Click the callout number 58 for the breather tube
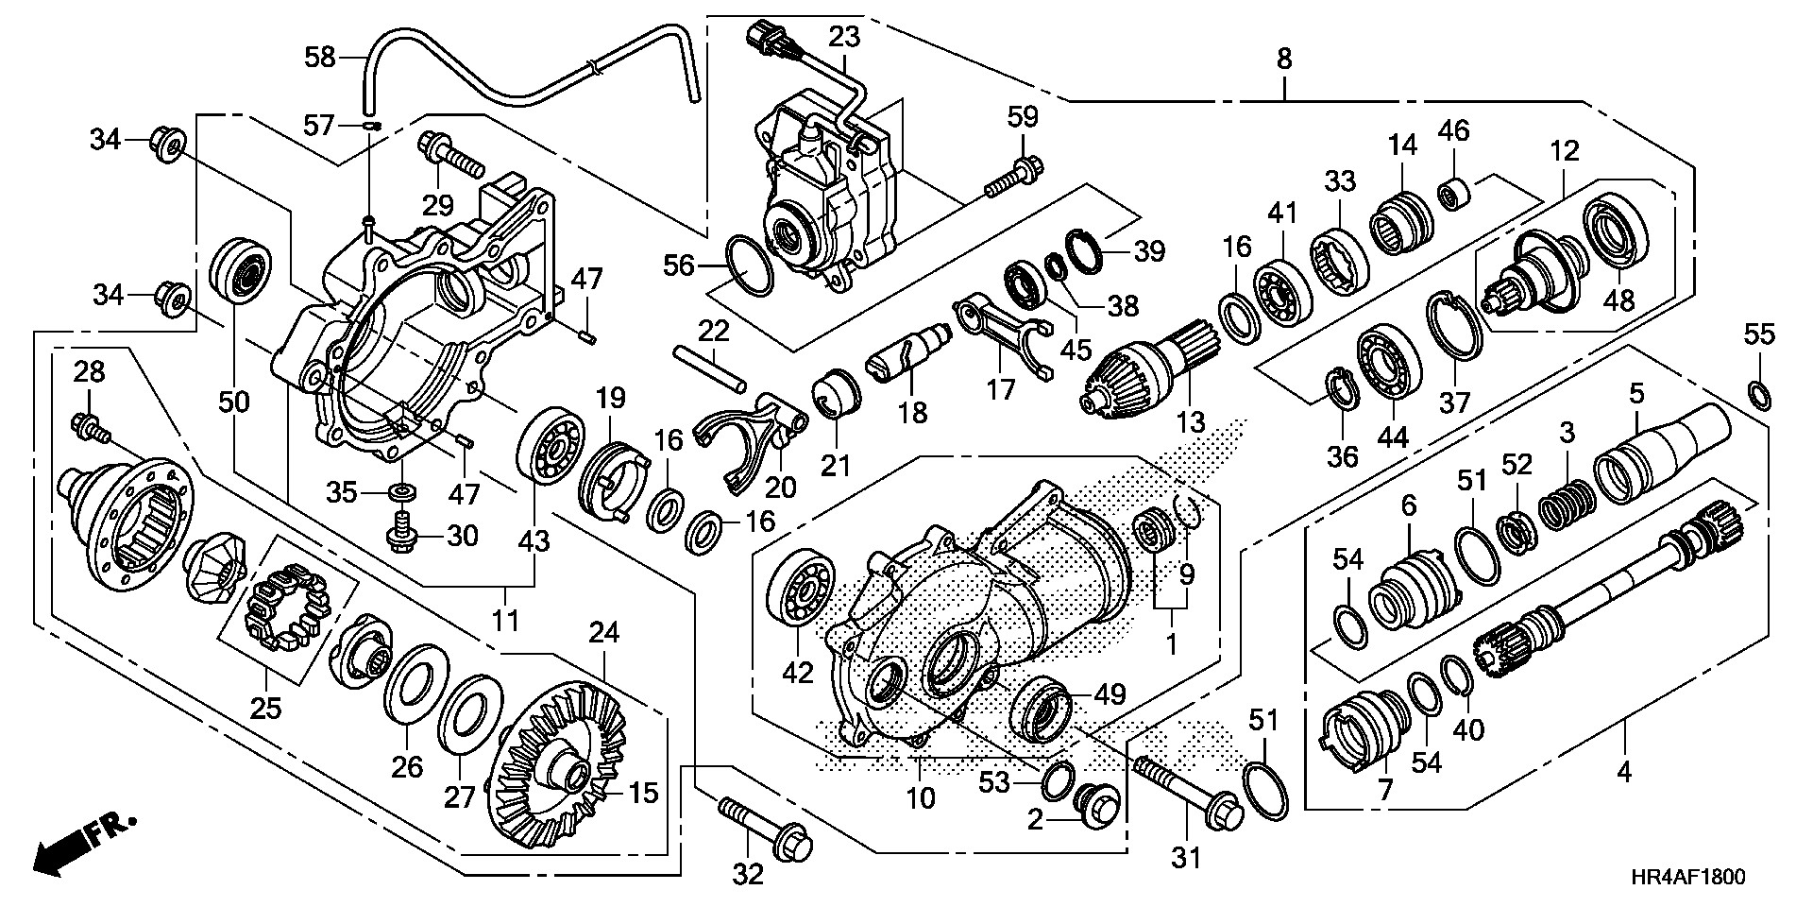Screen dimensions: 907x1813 (319, 58)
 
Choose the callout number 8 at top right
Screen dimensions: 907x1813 (1284, 59)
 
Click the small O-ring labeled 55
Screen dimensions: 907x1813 (1758, 393)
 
